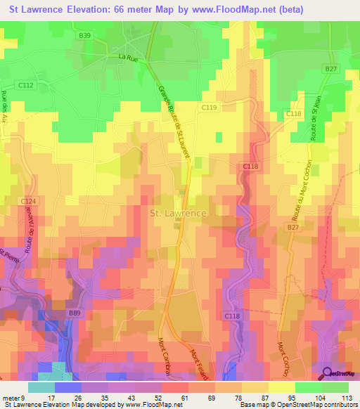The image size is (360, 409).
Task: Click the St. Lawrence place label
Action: pyautogui.click(x=178, y=213)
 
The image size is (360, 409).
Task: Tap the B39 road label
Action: pyautogui.click(x=85, y=35)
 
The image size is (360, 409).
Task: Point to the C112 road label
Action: pyautogui.click(x=26, y=85)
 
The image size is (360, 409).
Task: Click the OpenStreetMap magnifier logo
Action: pyautogui.click(x=328, y=374)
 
